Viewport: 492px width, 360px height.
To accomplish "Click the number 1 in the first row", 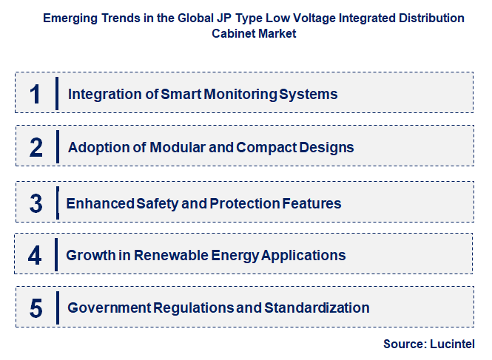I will pyautogui.click(x=35, y=95).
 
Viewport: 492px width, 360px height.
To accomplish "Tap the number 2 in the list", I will pyautogui.click(x=36, y=147).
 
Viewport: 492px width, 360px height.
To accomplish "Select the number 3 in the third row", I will pyautogui.click(x=36, y=203).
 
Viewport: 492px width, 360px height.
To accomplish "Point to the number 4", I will pyautogui.click(x=36, y=256).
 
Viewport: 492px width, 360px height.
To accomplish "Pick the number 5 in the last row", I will pyautogui.click(x=36, y=308).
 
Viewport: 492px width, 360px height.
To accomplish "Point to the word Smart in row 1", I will pyautogui.click(x=180, y=95).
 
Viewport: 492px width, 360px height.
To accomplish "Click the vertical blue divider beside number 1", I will pyautogui.click(x=56, y=94).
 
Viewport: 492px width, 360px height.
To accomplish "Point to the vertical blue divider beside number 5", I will pyautogui.click(x=56, y=308).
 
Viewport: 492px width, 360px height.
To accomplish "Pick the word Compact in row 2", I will pyautogui.click(x=266, y=147).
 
